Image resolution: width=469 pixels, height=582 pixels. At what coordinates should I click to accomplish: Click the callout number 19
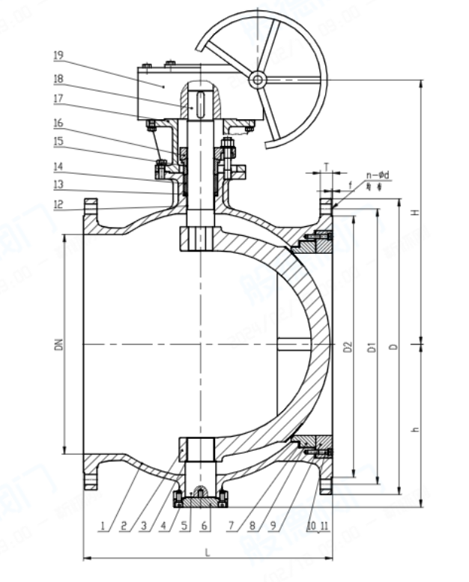pyautogui.click(x=58, y=55)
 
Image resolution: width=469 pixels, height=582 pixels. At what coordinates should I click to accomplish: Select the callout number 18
pyautogui.click(x=58, y=78)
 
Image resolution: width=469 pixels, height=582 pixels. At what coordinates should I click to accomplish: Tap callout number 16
pyautogui.click(x=58, y=123)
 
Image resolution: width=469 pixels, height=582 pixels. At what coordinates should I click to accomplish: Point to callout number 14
pyautogui.click(x=58, y=166)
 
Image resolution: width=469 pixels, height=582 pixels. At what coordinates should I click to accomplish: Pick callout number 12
pyautogui.click(x=58, y=204)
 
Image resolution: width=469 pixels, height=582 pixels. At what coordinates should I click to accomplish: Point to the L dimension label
pyautogui.click(x=207, y=552)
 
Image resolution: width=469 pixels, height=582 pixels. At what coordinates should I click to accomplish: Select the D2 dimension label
pyautogui.click(x=347, y=347)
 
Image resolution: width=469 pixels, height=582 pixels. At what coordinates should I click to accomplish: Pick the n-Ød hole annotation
pyautogui.click(x=379, y=176)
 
